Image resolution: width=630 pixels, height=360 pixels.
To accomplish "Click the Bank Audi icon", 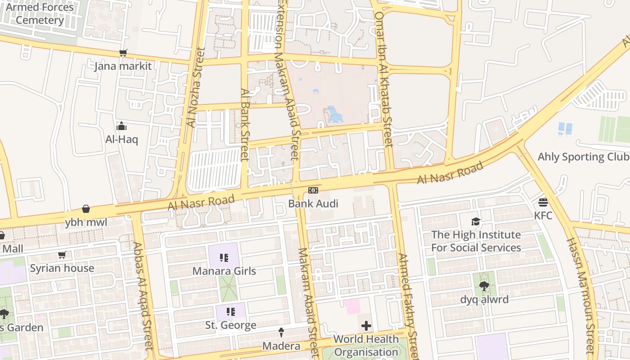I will [x=313, y=190].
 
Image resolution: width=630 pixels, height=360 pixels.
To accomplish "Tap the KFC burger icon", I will [x=543, y=202].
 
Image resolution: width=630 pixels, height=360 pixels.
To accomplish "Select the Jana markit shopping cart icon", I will [x=123, y=53].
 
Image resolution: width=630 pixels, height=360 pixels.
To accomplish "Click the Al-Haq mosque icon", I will [x=121, y=126].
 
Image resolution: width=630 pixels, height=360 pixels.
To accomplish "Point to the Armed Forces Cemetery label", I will [x=40, y=13].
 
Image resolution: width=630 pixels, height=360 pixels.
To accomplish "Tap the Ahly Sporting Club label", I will [x=583, y=157].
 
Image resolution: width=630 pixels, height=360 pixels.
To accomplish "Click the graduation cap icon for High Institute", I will [x=476, y=221].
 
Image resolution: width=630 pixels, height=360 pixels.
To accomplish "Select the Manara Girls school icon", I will [x=224, y=258].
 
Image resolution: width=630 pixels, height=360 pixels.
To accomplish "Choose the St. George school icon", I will [x=230, y=312].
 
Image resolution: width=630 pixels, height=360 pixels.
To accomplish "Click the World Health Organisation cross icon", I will [x=366, y=325].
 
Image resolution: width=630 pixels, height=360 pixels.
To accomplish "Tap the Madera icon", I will [x=281, y=333].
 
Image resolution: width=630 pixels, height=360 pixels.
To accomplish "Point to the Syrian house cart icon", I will [x=62, y=255].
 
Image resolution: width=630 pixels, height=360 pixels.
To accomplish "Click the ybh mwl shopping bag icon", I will [x=85, y=209].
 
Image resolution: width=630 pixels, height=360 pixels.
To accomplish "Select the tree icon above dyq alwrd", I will [x=484, y=286].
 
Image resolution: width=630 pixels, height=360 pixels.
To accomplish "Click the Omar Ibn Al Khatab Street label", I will [x=384, y=79].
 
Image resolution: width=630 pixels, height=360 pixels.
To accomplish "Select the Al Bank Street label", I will [x=245, y=124].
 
